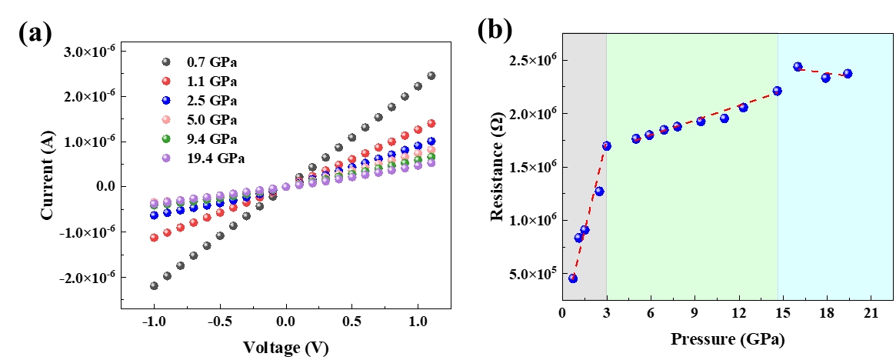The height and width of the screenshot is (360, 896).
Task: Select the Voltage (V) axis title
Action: coord(286,347)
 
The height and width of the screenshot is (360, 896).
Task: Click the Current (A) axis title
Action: coord(47,164)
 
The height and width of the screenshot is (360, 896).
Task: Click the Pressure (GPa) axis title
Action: coord(728,338)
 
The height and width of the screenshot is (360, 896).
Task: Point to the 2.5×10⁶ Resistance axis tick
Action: coord(534,61)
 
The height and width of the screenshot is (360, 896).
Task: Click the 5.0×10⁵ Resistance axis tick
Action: coord(534,274)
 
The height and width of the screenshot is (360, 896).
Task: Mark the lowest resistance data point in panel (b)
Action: coord(572,278)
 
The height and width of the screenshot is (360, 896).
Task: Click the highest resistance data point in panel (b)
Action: coord(798,67)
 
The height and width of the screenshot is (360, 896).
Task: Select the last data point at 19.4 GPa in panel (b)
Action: coord(848,74)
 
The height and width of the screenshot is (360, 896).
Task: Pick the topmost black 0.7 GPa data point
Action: coord(431,75)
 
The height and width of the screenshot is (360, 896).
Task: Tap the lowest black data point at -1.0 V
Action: coord(155,285)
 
